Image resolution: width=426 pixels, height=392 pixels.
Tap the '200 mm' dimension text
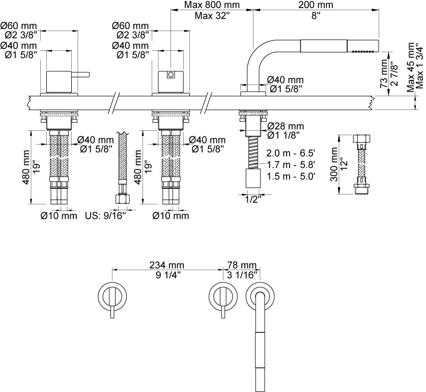pos(316,6)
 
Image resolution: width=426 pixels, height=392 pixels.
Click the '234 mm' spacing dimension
pos(166,265)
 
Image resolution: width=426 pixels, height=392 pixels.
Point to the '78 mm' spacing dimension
pos(241,265)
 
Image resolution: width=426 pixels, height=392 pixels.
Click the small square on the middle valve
pos(171,76)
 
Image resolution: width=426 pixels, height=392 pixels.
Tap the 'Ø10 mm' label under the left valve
pos(59,216)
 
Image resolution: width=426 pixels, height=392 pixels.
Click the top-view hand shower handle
pos(260,351)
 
